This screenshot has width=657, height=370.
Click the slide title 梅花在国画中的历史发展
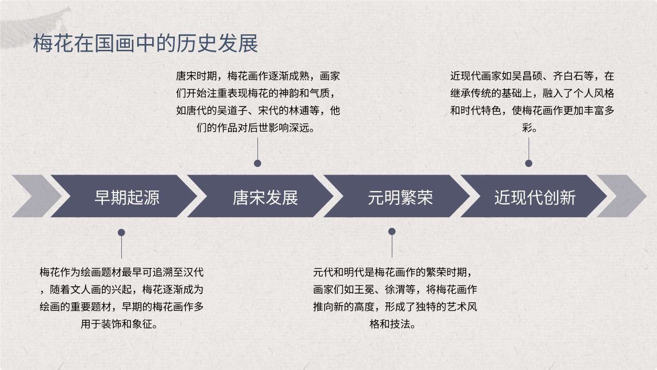coord(145,44)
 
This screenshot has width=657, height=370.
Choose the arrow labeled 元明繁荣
coord(397,196)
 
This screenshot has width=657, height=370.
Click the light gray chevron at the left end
coord(37,196)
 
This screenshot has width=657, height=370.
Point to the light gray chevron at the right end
coord(622,196)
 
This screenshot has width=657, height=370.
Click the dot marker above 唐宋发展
coord(257,163)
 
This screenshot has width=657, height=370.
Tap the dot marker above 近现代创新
coord(528,163)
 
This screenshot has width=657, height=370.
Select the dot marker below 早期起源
coord(121,233)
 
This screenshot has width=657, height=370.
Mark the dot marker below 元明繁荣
coord(392,231)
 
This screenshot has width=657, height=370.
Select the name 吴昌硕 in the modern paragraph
coord(527,76)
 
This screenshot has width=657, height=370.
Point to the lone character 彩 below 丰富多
coord(527,128)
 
